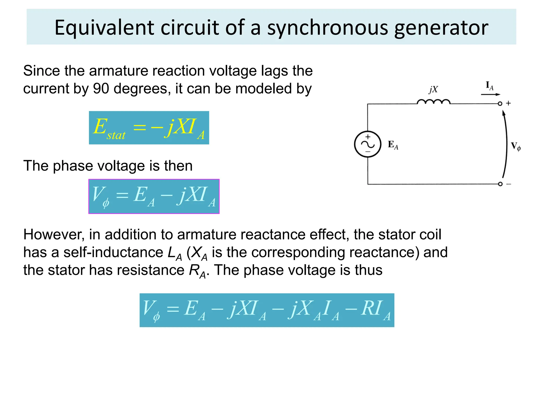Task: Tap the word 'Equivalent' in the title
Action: point(104,28)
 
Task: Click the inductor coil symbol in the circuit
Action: point(433,102)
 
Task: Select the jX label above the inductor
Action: point(433,90)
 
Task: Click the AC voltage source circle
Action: point(368,144)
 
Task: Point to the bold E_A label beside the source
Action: point(393,145)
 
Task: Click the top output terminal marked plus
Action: point(500,104)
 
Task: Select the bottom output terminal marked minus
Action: point(500,184)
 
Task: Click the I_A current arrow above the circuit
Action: point(490,94)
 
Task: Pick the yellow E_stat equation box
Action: point(149,128)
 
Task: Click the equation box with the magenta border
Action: point(154,196)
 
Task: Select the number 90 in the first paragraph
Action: point(101,89)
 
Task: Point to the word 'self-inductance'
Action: point(113,252)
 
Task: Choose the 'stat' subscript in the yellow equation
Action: point(116,135)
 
